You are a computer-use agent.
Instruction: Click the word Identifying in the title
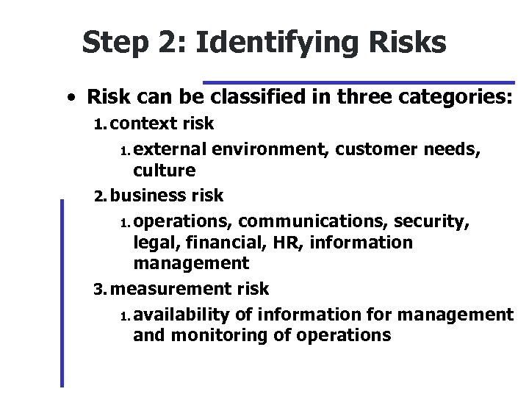click(279, 43)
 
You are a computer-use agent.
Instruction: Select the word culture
click(165, 171)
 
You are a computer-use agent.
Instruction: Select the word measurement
click(173, 289)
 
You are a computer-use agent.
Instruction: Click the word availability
click(181, 315)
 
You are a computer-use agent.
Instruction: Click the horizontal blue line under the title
click(359, 82)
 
